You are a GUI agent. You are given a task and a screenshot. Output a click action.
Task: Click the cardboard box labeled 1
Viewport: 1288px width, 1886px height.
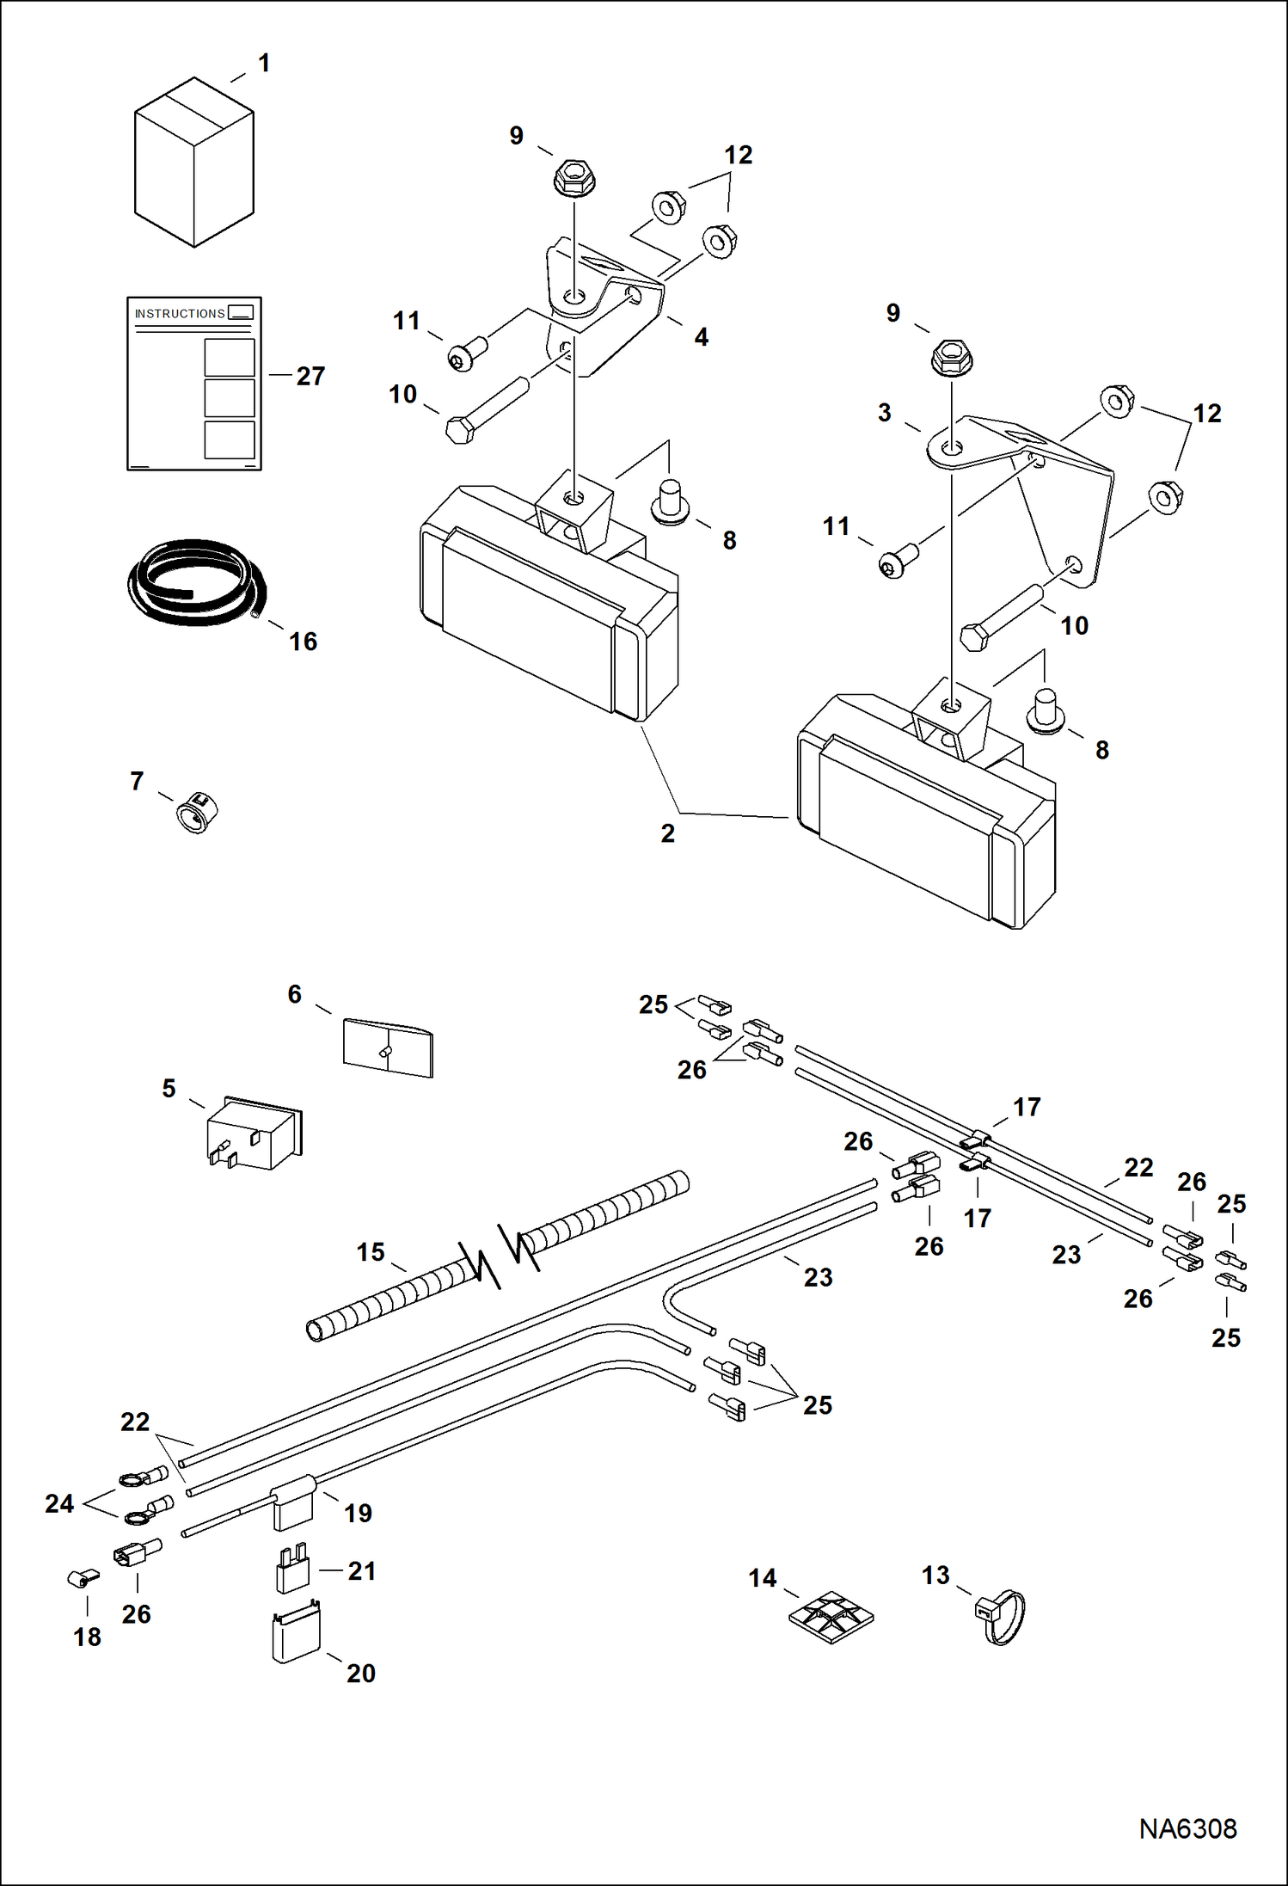click(x=193, y=163)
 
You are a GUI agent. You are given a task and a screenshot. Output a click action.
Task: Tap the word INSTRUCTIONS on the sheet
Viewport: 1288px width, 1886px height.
click(x=180, y=314)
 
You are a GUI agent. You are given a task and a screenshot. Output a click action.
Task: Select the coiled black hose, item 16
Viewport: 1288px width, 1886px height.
click(x=195, y=583)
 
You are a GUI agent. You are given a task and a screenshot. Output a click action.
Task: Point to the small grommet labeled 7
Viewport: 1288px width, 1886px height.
click(x=198, y=811)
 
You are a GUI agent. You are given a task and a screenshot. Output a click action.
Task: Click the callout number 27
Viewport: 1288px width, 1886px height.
click(x=310, y=376)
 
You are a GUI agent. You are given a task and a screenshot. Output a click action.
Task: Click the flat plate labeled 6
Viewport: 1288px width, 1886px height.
click(x=388, y=1047)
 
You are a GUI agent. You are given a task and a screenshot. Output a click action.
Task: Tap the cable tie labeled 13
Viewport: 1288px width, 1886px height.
click(x=1003, y=1616)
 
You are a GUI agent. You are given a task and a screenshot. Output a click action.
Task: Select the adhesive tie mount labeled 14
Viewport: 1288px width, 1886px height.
click(x=831, y=1617)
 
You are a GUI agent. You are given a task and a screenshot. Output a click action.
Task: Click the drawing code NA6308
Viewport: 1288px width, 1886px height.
click(x=1187, y=1828)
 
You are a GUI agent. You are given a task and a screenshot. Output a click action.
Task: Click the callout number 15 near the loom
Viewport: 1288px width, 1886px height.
click(x=371, y=1252)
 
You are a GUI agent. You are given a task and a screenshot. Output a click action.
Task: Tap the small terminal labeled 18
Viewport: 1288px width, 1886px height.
click(x=83, y=1578)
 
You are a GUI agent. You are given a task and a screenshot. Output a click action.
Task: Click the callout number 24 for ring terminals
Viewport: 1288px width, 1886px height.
click(x=59, y=1503)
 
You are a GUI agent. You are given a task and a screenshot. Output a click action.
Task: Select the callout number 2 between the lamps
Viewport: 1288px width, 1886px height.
click(x=668, y=833)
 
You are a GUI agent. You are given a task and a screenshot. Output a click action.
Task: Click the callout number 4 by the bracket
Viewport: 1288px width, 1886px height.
click(x=702, y=337)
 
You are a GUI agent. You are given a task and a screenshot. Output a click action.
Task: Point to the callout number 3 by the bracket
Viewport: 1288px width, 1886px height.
click(x=884, y=413)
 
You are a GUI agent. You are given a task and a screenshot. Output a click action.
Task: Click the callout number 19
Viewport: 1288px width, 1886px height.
click(x=358, y=1513)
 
